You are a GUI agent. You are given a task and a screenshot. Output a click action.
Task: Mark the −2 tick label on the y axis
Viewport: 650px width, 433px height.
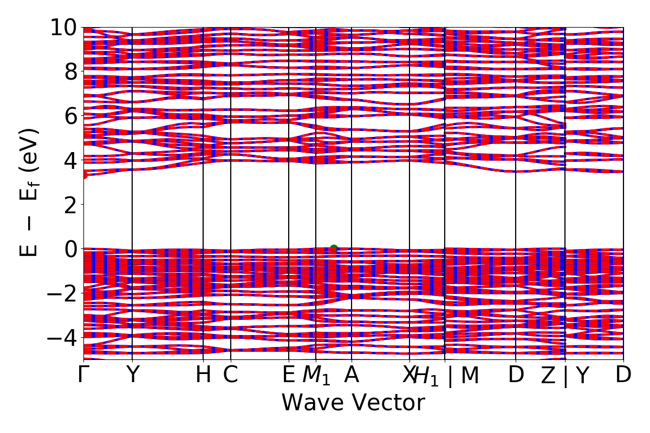click(x=61, y=293)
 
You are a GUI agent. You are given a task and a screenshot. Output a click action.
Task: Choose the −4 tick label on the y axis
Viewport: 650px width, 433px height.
click(x=61, y=338)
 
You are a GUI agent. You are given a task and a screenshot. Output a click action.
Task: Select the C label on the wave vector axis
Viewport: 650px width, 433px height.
click(x=231, y=375)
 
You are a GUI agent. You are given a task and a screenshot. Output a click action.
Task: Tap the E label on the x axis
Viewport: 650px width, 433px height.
click(x=288, y=375)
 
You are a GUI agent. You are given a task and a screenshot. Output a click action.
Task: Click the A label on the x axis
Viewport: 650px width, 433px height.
click(x=352, y=375)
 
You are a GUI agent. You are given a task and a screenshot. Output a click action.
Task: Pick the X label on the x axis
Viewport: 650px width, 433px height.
click(x=408, y=375)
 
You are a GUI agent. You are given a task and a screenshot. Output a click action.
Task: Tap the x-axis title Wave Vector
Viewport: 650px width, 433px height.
click(x=353, y=403)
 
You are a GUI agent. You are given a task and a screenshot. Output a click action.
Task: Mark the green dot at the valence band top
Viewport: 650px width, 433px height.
click(x=334, y=248)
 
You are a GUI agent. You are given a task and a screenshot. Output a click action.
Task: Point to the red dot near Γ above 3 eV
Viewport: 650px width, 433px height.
click(x=84, y=175)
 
